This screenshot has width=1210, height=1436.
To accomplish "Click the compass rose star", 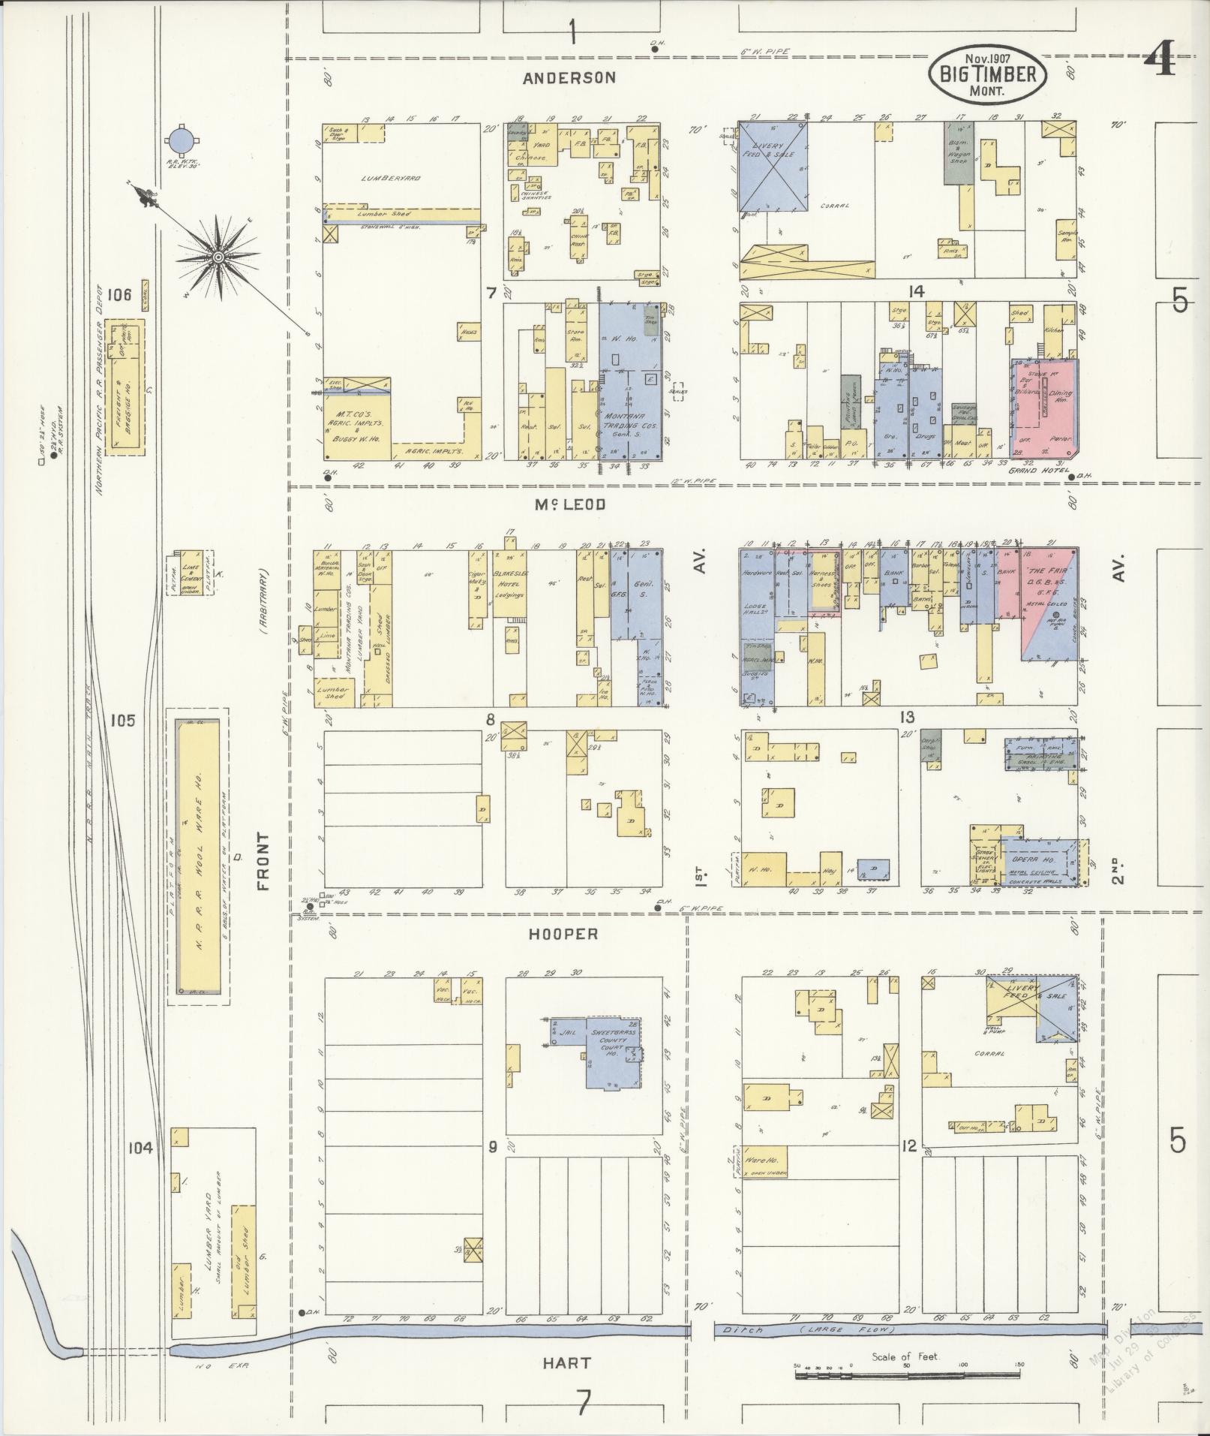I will (x=218, y=257).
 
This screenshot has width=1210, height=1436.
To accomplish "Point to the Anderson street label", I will (x=570, y=77).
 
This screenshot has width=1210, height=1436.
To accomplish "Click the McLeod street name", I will (x=569, y=505).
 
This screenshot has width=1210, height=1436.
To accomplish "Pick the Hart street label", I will (x=567, y=1362).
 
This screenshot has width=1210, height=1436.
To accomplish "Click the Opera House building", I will (x=1039, y=862).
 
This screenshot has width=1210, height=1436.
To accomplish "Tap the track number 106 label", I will (x=119, y=295).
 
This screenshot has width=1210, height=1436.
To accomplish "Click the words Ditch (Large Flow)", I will (x=814, y=1330).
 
